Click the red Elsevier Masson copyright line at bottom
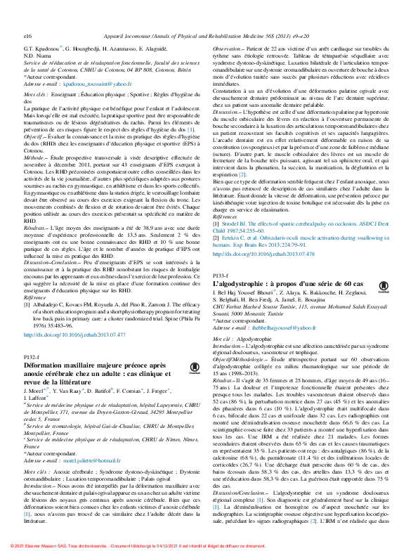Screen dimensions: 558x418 [x=209, y=545]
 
